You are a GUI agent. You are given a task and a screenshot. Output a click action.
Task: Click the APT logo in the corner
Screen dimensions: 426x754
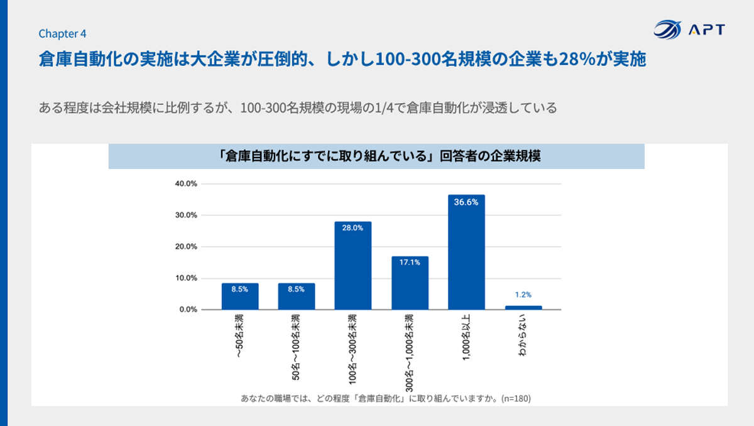(689, 30)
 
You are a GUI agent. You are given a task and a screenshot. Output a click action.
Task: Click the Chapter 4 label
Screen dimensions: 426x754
(62, 34)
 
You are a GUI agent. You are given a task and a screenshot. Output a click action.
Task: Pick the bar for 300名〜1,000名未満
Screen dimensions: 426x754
(410, 283)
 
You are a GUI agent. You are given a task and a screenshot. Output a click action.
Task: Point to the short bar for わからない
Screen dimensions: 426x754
(523, 307)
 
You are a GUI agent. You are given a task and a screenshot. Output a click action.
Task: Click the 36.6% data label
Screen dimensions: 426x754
(466, 202)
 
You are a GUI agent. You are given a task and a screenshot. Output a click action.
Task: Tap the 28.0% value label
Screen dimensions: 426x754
(352, 228)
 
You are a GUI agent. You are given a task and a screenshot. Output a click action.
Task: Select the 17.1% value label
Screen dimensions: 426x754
(410, 263)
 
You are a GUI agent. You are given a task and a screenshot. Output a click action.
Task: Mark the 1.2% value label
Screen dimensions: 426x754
(523, 294)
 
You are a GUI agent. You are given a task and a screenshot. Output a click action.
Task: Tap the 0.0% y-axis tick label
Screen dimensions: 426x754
(188, 310)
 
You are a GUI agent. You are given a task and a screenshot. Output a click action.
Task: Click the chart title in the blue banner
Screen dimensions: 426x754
(376, 157)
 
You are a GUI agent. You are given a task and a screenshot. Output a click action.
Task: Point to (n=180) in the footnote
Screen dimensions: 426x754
(516, 398)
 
